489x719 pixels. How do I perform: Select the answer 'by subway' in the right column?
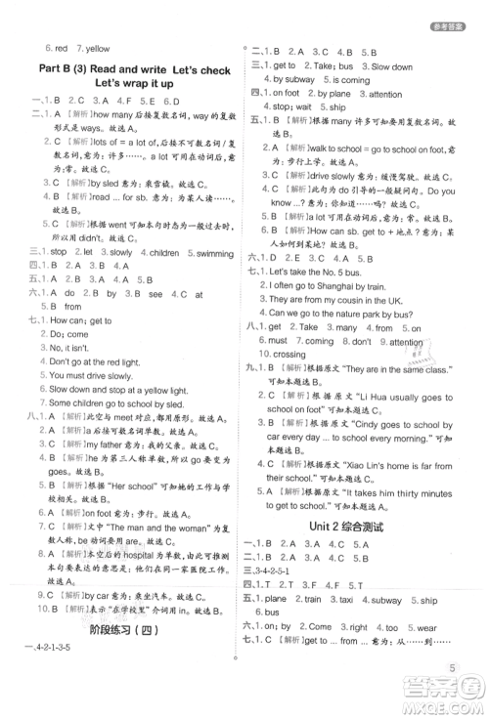click(x=292, y=79)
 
